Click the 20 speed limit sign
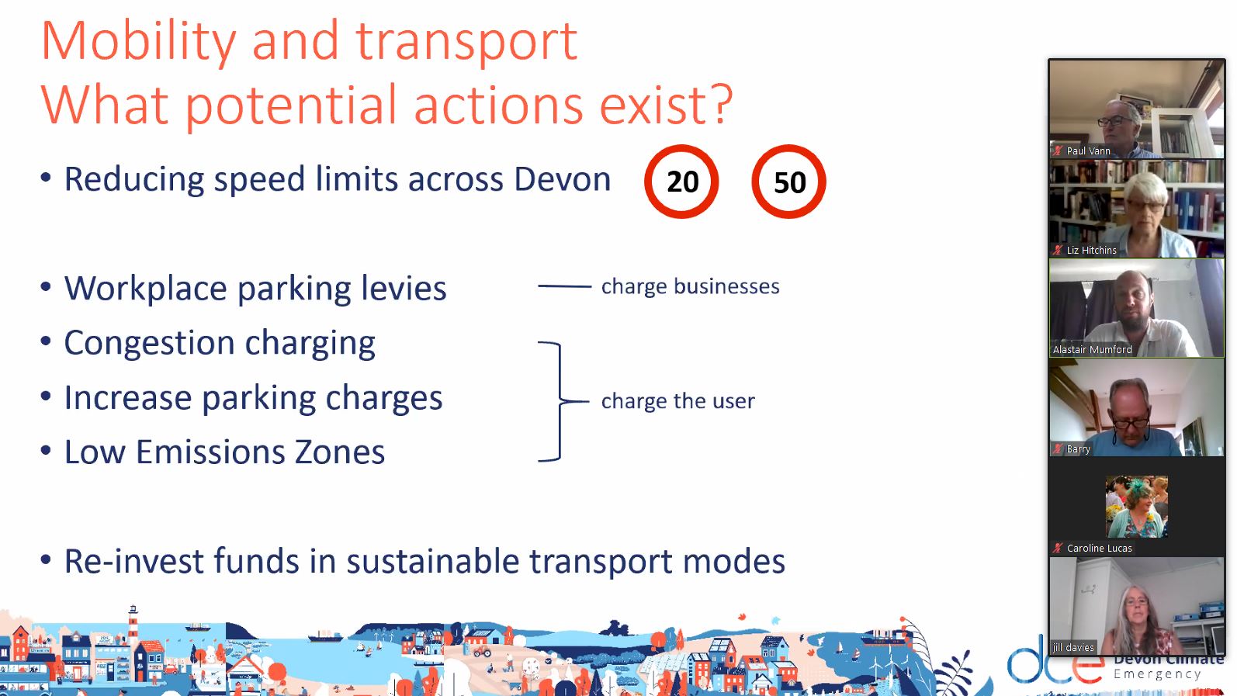coord(681,181)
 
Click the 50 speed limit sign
coord(788,181)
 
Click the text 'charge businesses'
coord(691,286)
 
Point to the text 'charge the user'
coord(677,400)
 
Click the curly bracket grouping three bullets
coord(560,401)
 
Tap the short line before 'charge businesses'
coord(564,286)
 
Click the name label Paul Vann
coord(1089,151)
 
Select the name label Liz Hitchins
coord(1091,250)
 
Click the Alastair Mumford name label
coord(1093,349)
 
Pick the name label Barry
coord(1079,448)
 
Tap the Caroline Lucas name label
coord(1099,548)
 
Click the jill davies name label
coord(1073,647)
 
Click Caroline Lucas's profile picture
coord(1136,507)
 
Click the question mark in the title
coord(719,104)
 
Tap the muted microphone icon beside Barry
coord(1058,448)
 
